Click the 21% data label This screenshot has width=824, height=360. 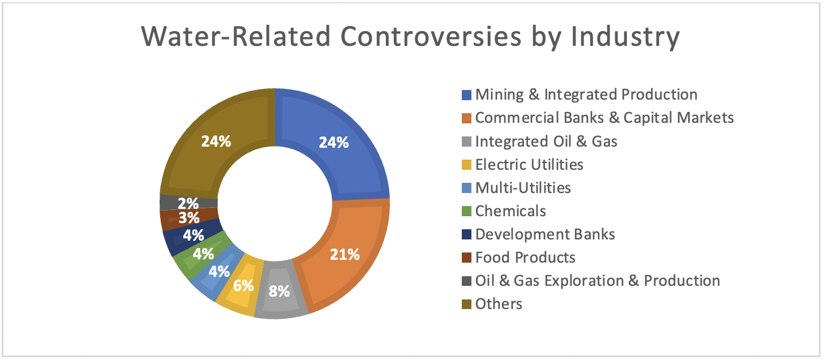(345, 254)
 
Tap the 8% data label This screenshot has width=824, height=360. (280, 292)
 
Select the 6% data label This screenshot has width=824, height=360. (243, 285)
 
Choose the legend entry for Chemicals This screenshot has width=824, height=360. (510, 211)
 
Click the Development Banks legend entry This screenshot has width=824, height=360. (544, 234)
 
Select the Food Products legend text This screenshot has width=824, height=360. (525, 258)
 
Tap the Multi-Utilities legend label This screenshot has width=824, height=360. (523, 188)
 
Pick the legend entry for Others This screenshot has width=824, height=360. (499, 304)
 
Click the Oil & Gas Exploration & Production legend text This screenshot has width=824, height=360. (597, 281)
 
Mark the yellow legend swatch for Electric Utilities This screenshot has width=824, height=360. (466, 165)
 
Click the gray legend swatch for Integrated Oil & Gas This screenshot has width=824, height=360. (466, 142)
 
